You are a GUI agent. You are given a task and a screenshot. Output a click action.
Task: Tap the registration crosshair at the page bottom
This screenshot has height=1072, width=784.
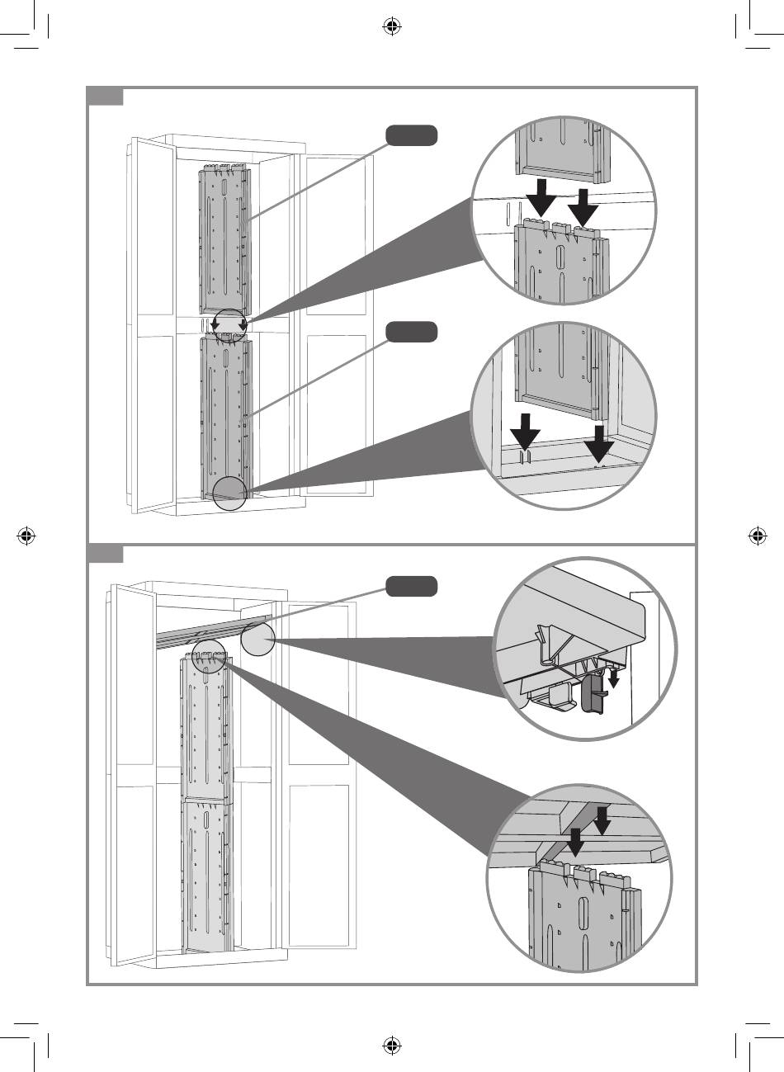tap(392, 1046)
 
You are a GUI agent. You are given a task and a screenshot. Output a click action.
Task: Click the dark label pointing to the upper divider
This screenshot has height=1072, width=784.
tap(411, 135)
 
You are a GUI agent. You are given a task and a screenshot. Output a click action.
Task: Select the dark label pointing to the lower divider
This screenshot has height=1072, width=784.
tap(411, 332)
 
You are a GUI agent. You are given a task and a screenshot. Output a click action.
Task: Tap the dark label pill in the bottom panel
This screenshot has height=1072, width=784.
tap(411, 587)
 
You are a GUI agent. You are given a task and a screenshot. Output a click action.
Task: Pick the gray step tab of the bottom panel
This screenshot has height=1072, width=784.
tap(106, 554)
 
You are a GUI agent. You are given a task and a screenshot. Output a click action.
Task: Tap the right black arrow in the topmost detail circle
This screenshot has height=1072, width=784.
tap(583, 207)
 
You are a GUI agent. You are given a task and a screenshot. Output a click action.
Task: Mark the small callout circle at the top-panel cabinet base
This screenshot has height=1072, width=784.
tap(229, 493)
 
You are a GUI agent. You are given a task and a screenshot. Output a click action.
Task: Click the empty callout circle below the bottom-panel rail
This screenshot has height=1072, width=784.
tap(256, 639)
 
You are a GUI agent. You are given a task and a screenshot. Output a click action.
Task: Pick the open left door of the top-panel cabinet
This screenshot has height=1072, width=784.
tap(151, 322)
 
